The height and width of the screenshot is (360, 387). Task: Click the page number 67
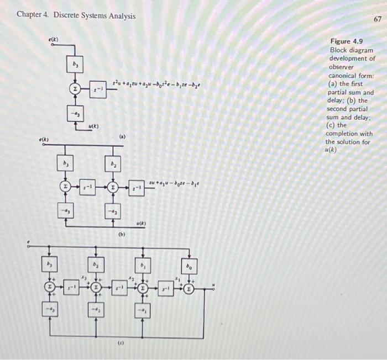378,19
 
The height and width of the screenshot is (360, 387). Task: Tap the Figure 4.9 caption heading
346,41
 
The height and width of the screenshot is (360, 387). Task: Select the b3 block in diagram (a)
75,65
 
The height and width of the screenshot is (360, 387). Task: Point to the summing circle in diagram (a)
75,88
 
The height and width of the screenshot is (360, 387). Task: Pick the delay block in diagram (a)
98,88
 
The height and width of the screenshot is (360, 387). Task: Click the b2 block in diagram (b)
113,164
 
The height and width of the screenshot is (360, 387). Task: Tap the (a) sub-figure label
123,135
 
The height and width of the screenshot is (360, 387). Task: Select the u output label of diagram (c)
215,285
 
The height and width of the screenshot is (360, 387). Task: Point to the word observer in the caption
342,67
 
